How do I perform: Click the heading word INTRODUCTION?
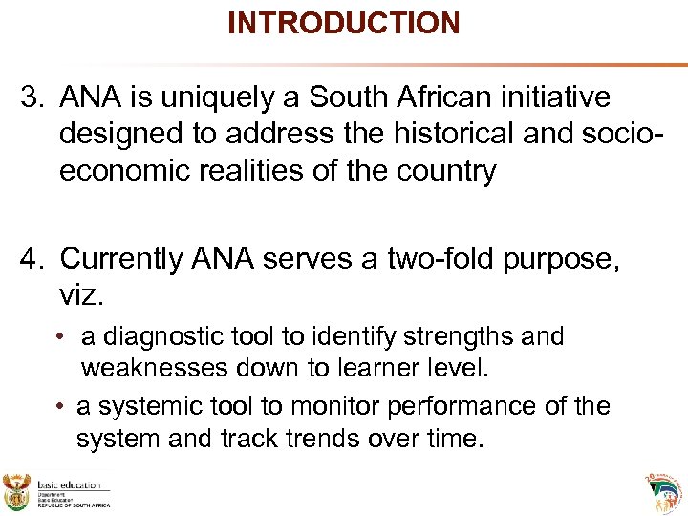pos(343,22)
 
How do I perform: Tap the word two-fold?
pos(432,260)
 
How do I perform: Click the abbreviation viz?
pos(79,296)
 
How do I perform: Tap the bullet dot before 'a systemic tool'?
pos(60,407)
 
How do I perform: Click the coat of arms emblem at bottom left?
pos(17,491)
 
